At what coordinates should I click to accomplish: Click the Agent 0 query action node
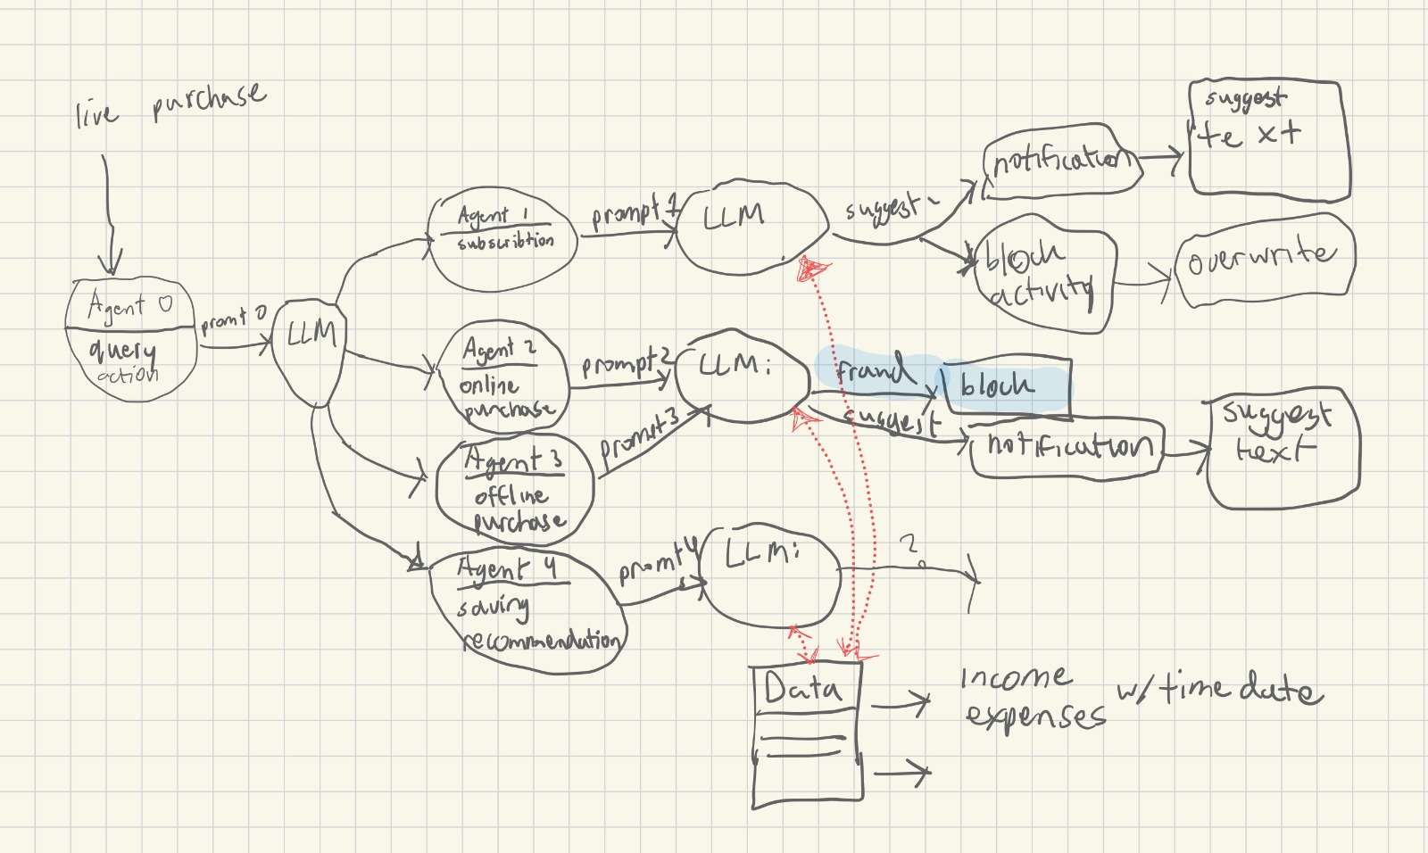tap(131, 339)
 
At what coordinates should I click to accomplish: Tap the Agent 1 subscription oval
tap(502, 238)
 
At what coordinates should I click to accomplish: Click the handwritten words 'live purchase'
tap(170, 104)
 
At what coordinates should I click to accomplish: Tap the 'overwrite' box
tap(1264, 259)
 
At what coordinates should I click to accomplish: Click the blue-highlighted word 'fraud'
tap(873, 368)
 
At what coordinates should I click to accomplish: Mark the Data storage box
tap(807, 733)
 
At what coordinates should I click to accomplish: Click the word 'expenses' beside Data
tap(1034, 716)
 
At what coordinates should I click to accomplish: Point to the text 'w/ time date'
tap(1219, 689)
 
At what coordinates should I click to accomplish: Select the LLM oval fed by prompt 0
tap(309, 348)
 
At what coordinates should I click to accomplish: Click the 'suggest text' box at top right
tap(1268, 137)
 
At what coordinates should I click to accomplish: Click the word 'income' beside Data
tap(1016, 678)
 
